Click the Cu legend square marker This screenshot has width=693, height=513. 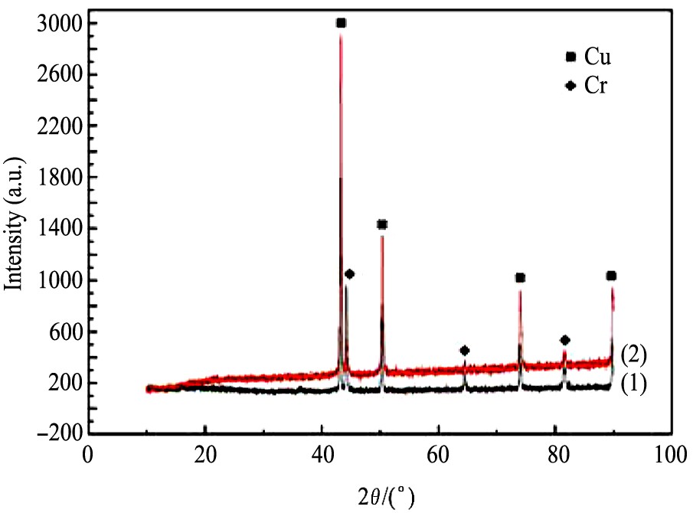click(570, 57)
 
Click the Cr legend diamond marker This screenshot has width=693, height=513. click(570, 85)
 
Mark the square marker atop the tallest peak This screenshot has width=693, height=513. click(341, 23)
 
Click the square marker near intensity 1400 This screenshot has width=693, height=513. click(382, 224)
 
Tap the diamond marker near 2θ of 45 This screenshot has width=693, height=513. click(350, 273)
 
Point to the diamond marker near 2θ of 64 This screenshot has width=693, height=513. click(464, 350)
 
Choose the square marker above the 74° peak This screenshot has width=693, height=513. click(520, 277)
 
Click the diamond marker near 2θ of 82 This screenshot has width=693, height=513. click(565, 340)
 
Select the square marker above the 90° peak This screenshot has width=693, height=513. click(611, 276)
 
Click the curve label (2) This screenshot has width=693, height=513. click(634, 354)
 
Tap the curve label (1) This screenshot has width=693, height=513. click(634, 383)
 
